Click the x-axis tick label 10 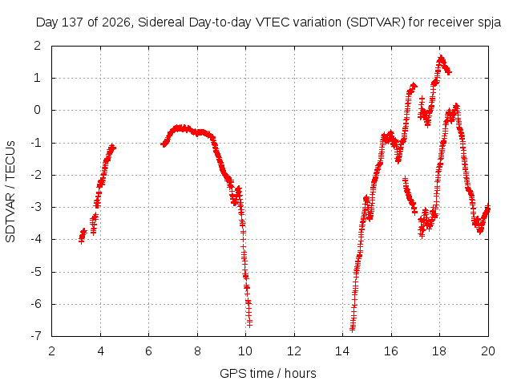245,351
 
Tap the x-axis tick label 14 342,351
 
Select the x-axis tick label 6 149,351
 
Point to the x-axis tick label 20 488,351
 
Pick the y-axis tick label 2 38,46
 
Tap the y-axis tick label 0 38,110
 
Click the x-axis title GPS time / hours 268,374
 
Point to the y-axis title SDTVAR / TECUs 10,192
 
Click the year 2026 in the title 115,22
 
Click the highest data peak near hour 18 441,58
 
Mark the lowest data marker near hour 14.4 353,329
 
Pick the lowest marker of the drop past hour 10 249,324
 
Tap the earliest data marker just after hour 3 81,241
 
